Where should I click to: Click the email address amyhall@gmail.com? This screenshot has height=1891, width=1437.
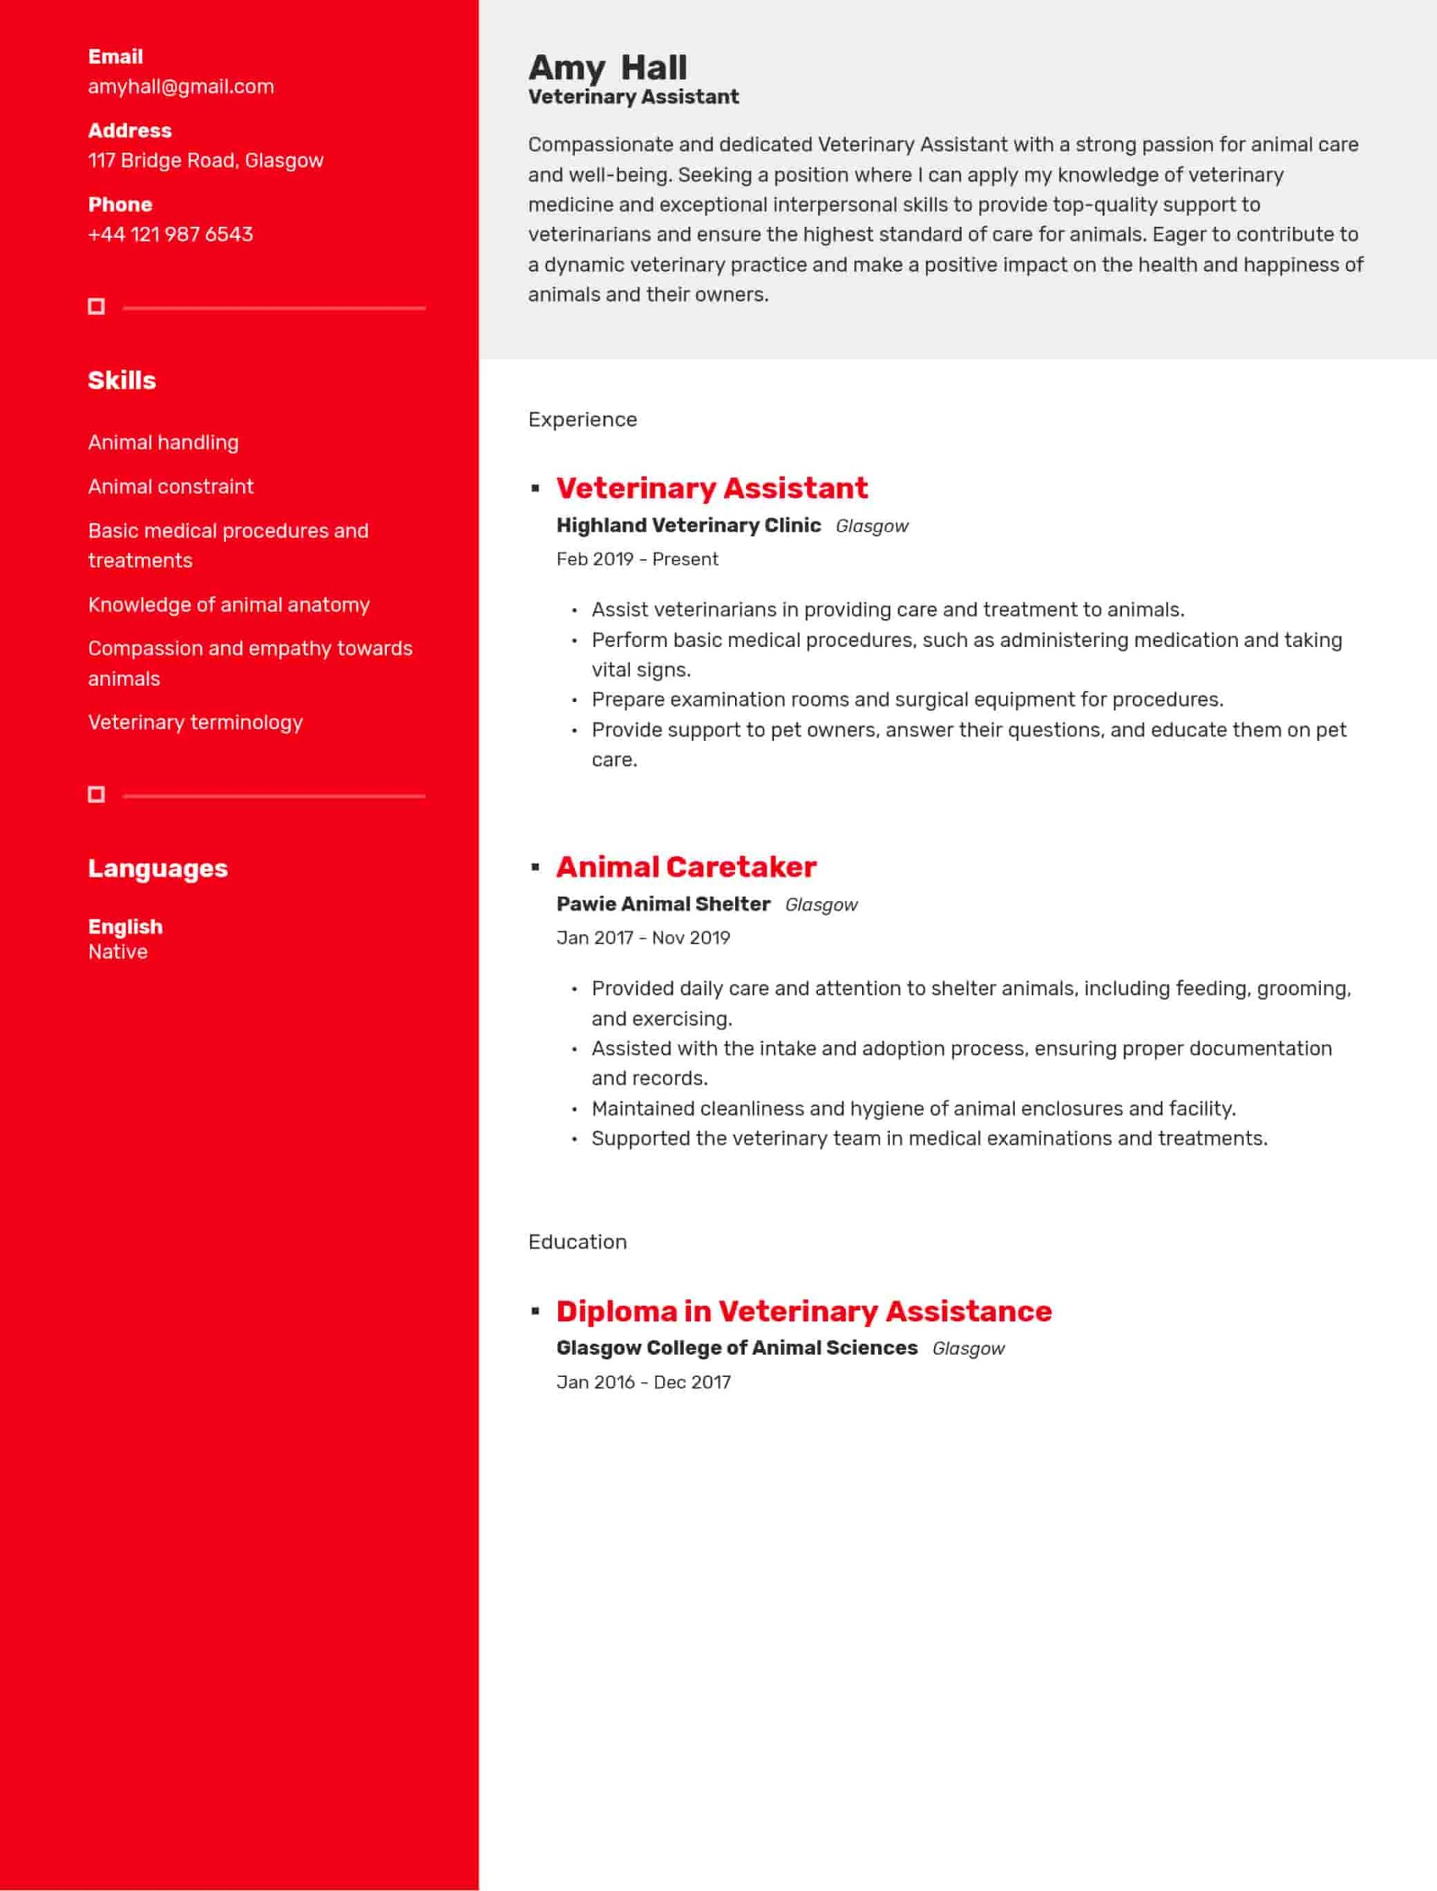[x=180, y=86]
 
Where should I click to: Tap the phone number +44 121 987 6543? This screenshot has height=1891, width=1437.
[x=170, y=234]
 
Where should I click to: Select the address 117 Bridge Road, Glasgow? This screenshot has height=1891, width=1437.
[x=205, y=161]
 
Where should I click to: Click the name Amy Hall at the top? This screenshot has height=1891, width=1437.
[x=607, y=67]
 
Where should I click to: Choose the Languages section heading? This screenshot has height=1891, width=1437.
[x=157, y=868]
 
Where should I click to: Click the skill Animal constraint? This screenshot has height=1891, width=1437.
[x=170, y=487]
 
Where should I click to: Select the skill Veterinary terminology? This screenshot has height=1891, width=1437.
[x=195, y=722]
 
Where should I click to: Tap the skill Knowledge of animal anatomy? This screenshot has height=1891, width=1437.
[x=228, y=605]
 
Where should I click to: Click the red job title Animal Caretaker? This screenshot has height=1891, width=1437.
[x=686, y=867]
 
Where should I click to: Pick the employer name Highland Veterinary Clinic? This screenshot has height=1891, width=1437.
[x=688, y=526]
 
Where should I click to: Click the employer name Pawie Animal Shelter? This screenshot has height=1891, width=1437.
[x=663, y=904]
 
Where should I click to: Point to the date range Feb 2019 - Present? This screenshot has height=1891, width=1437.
[x=636, y=560]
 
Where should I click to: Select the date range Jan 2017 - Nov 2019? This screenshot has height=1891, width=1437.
[x=642, y=938]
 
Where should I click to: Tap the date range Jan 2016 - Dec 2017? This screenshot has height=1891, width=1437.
[x=643, y=1382]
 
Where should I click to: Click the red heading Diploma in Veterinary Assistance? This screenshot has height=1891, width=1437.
[x=803, y=1311]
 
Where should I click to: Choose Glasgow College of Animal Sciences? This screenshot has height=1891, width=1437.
[x=736, y=1348]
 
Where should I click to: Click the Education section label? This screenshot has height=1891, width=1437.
[x=576, y=1241]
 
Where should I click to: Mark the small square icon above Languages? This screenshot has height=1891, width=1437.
[x=97, y=795]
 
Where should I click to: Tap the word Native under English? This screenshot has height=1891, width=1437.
[x=118, y=952]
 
